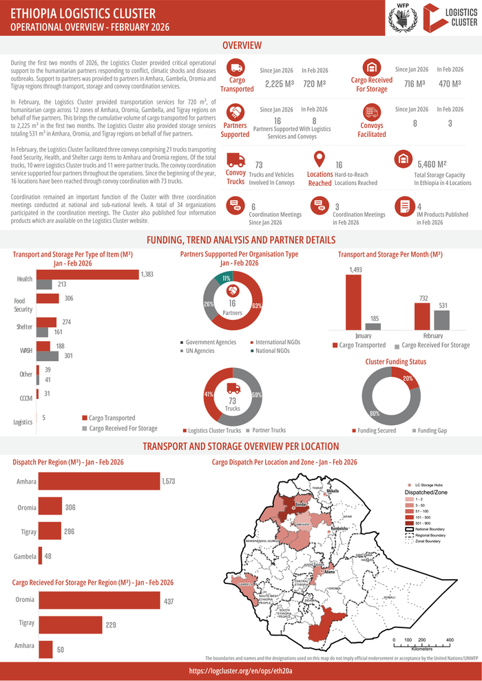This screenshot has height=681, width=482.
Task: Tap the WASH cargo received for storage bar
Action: click(x=48, y=356)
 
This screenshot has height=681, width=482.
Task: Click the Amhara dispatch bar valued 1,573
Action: click(x=98, y=482)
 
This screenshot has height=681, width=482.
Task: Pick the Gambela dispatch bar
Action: click(x=39, y=556)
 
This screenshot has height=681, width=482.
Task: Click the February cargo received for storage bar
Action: click(x=441, y=321)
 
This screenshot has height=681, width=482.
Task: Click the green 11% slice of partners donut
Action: click(x=226, y=278)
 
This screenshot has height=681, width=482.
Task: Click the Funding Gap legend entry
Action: click(x=431, y=431)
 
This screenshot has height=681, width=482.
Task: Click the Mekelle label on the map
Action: click(x=333, y=492)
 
